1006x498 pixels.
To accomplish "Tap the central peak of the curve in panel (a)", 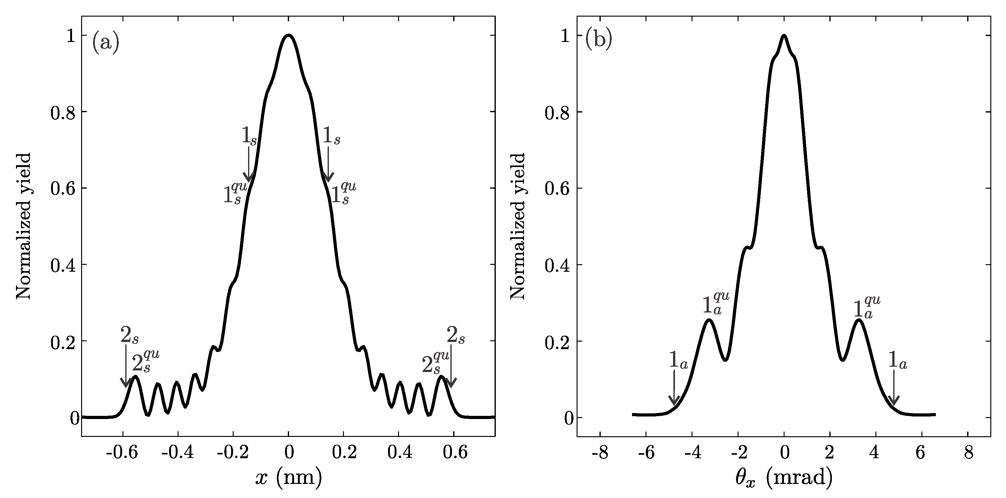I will [x=288, y=36].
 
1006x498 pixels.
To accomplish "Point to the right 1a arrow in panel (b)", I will [x=894, y=387].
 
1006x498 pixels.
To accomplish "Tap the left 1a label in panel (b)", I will [x=678, y=361].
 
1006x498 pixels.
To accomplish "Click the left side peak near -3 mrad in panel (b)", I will [x=708, y=320].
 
